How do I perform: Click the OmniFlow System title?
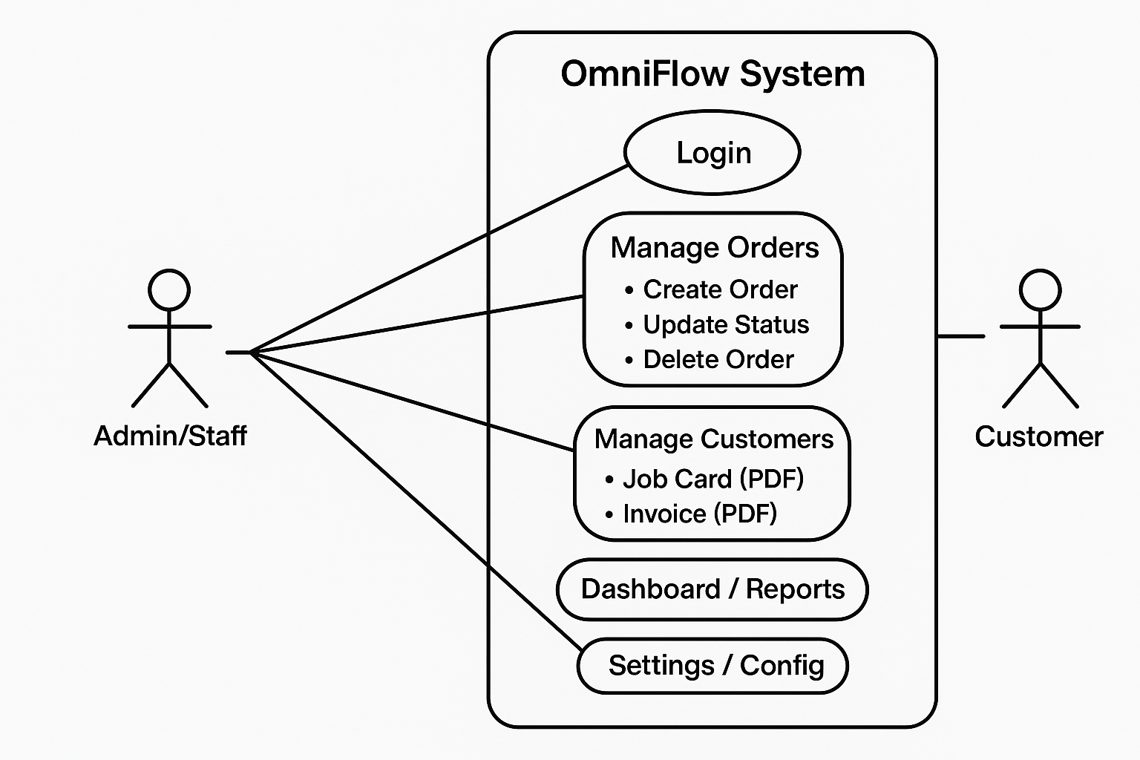(x=712, y=74)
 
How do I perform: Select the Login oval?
(x=712, y=152)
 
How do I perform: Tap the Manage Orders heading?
(x=714, y=248)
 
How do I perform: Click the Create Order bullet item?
(x=719, y=289)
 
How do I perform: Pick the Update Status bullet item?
(x=725, y=324)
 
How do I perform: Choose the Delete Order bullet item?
(x=718, y=359)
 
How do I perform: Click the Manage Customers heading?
(x=713, y=439)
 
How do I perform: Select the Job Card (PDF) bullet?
(x=712, y=479)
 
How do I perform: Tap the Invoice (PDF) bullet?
(x=699, y=514)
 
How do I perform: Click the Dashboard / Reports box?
(x=712, y=589)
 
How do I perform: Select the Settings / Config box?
(x=715, y=666)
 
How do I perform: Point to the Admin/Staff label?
(x=170, y=436)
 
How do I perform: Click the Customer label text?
(x=1038, y=436)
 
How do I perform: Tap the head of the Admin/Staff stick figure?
(x=169, y=289)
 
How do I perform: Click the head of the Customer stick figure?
(x=1040, y=289)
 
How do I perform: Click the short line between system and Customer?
(x=960, y=336)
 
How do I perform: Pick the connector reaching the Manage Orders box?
(x=416, y=324)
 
